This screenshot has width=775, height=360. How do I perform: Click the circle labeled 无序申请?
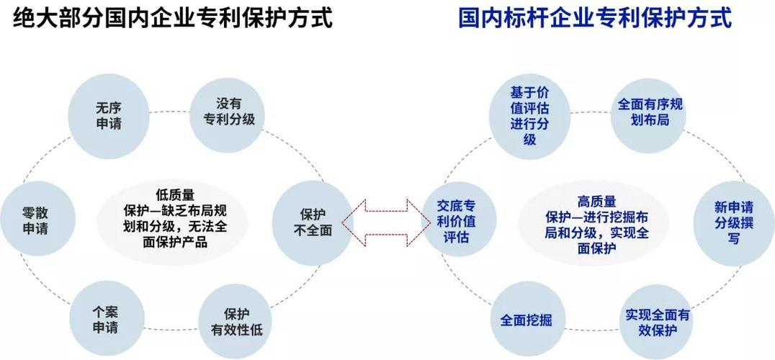(x=109, y=115)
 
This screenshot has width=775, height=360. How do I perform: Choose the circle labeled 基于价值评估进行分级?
(x=529, y=115)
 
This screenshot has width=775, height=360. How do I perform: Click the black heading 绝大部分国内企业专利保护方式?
(x=174, y=18)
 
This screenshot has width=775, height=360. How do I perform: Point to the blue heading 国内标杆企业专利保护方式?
(x=595, y=18)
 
